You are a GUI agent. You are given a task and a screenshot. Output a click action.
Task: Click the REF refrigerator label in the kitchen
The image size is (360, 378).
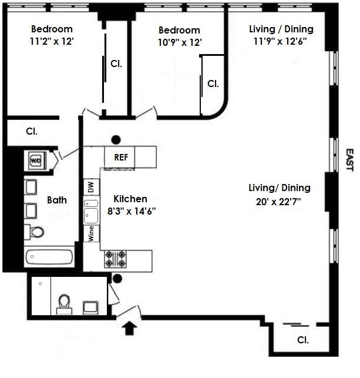120,158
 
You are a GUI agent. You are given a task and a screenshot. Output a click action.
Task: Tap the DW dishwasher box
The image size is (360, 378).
91,188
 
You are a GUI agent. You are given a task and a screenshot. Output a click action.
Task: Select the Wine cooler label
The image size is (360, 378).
91,233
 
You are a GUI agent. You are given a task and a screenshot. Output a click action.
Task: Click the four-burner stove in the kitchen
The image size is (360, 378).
115,259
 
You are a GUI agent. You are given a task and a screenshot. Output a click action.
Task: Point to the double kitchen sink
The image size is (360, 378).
91,210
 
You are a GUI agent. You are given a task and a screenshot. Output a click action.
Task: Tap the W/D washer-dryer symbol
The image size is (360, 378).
35,159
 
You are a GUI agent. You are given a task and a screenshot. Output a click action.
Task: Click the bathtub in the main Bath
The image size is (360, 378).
49,257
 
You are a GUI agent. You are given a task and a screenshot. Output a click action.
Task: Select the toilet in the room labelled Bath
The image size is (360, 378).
36,232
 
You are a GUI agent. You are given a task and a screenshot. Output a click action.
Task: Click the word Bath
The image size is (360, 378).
57,200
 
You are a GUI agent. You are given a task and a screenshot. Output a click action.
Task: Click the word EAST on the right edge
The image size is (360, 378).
349,160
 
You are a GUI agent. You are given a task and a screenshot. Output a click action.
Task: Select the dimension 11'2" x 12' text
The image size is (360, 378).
52,41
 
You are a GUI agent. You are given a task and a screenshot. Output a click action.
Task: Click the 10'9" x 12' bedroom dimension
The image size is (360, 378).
179,42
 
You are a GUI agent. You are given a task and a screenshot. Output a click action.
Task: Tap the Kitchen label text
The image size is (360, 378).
130,199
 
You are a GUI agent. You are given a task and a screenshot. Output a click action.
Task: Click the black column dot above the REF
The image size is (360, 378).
116,139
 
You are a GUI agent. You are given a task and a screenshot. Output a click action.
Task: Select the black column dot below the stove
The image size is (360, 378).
117,279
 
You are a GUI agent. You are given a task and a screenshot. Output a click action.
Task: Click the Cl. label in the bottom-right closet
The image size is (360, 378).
303,340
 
